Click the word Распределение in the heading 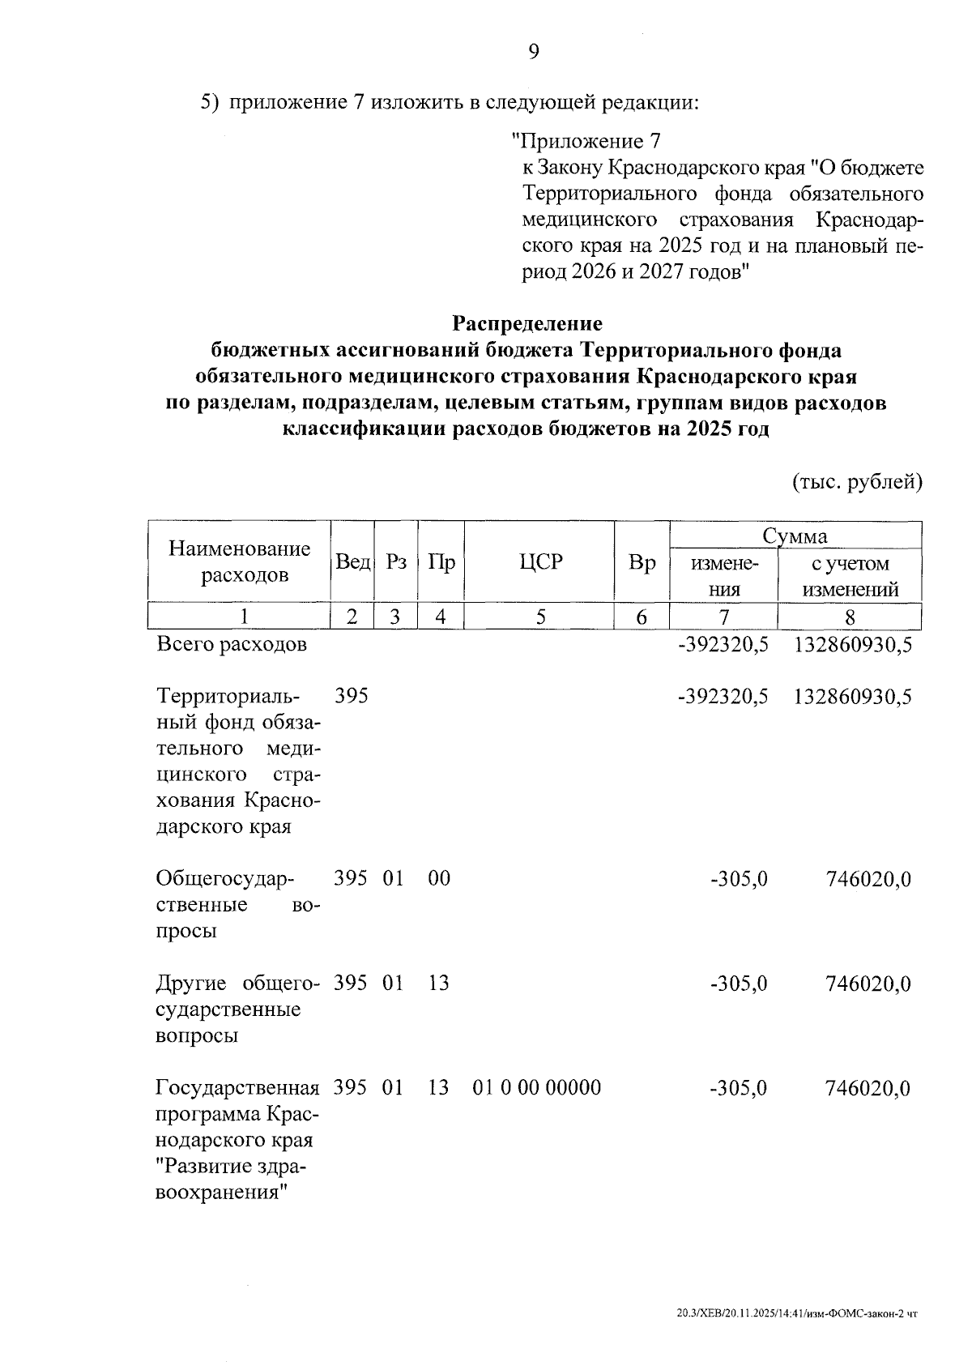coord(527,323)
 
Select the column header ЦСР coord(540,562)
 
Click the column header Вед coord(353,562)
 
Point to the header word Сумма coord(795,536)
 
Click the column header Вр coord(642,562)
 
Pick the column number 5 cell coord(540,617)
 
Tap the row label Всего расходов coord(232,645)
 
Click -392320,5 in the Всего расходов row coord(723,645)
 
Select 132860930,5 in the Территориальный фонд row coord(853,697)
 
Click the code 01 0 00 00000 coord(537,1087)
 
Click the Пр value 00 coord(439,879)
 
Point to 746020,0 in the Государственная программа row coord(868,1087)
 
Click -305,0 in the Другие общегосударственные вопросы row coord(739,984)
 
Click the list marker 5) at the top coord(210,103)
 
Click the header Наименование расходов coord(240,562)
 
